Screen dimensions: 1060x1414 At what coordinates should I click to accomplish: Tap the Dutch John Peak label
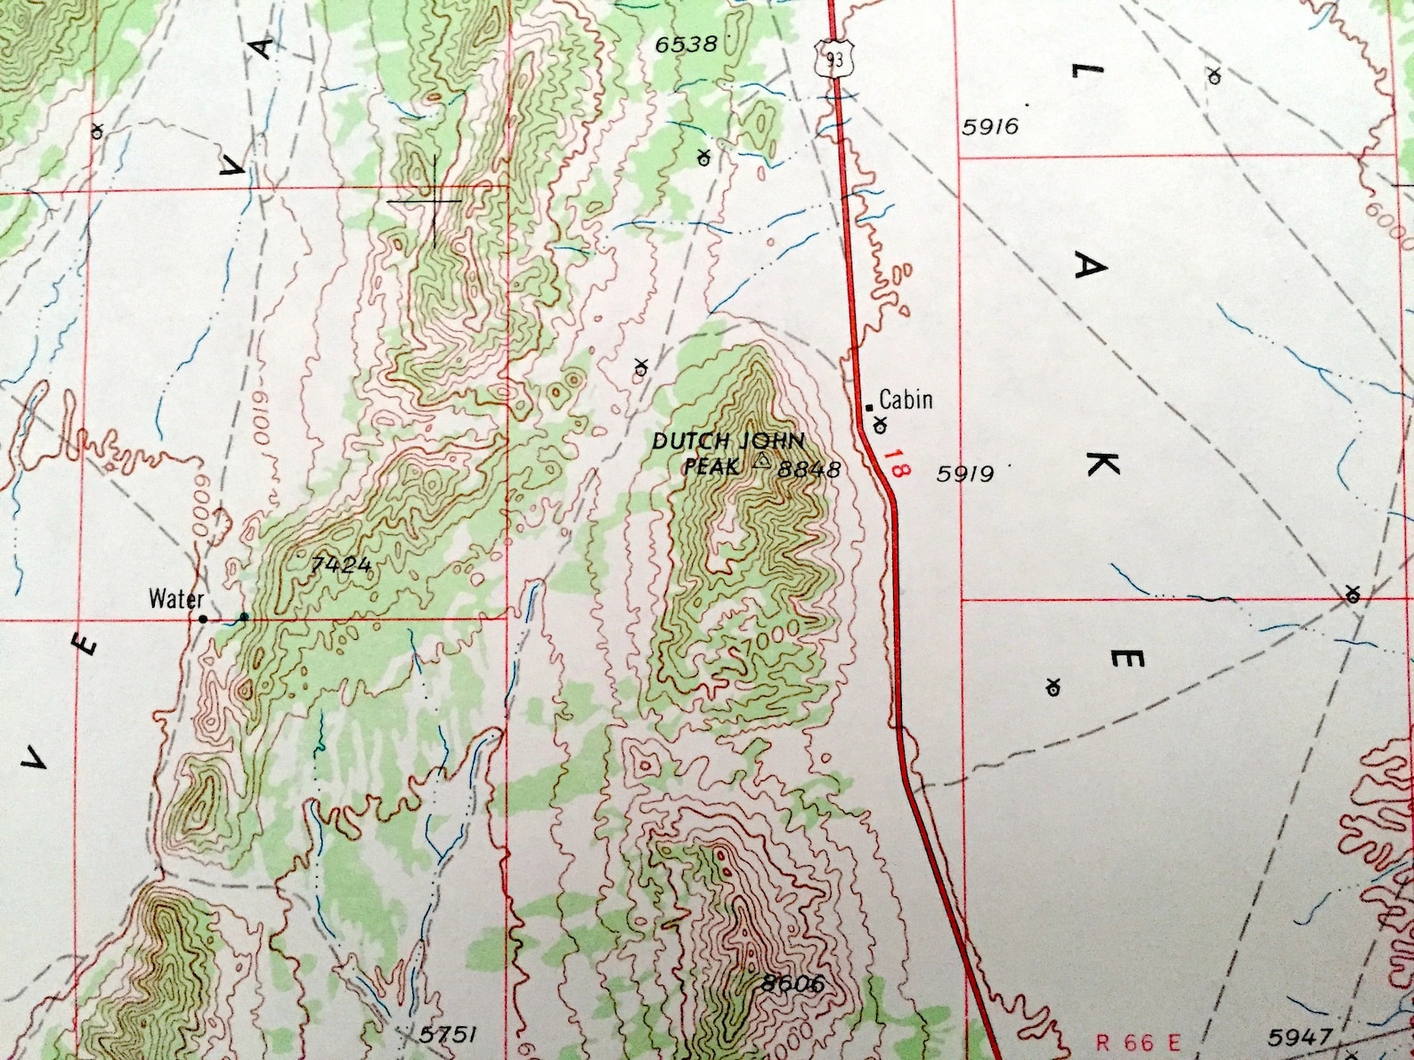(727, 453)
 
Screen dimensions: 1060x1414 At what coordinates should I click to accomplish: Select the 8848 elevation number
(809, 469)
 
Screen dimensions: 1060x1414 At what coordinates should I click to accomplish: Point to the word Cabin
(906, 400)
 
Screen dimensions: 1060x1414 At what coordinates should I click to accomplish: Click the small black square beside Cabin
(870, 408)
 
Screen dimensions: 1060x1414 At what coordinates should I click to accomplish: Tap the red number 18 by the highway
(895, 464)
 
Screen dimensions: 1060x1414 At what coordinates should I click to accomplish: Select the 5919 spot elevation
(964, 473)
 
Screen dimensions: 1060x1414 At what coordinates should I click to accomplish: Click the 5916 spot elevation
(990, 126)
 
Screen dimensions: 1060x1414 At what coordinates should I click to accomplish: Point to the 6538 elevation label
(686, 44)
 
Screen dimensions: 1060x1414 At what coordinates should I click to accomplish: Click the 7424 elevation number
(341, 563)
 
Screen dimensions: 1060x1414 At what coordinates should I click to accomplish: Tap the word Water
(176, 598)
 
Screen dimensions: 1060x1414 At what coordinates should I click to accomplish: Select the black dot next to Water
(203, 619)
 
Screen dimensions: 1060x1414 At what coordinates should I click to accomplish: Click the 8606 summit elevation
(792, 983)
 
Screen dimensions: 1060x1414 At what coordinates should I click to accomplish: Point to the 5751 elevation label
(448, 1034)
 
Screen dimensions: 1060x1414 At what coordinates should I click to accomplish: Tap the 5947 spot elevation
(1300, 1037)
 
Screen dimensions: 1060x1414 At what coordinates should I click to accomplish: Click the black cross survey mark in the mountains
(435, 201)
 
